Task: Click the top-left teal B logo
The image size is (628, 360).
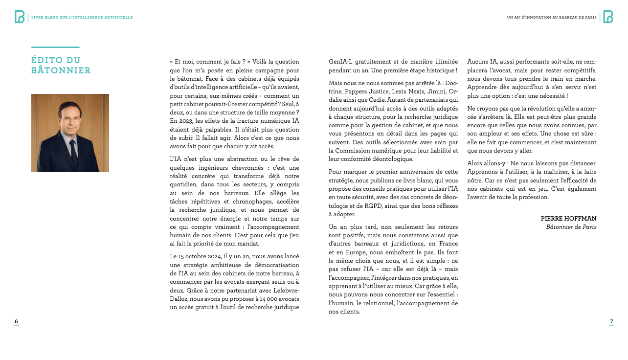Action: point(20,17)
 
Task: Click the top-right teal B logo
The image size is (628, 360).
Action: point(608,17)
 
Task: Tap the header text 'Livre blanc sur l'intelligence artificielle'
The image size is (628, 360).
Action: point(82,18)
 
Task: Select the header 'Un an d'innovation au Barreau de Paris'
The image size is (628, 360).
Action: point(552,18)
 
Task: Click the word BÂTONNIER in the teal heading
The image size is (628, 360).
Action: point(61,71)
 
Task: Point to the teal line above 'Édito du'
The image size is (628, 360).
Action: point(55,47)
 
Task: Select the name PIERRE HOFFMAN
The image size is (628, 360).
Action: point(568,219)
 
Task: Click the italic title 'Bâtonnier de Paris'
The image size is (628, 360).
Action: point(571,227)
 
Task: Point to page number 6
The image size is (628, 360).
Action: point(16,321)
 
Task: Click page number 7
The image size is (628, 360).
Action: point(611,321)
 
